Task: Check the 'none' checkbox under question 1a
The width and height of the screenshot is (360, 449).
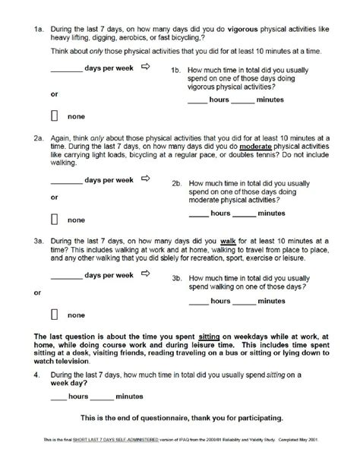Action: (55, 116)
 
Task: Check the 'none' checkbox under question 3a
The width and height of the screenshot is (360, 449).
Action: (55, 313)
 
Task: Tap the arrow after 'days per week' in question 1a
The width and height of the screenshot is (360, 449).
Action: (147, 71)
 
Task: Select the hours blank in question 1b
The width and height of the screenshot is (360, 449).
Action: (197, 102)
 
